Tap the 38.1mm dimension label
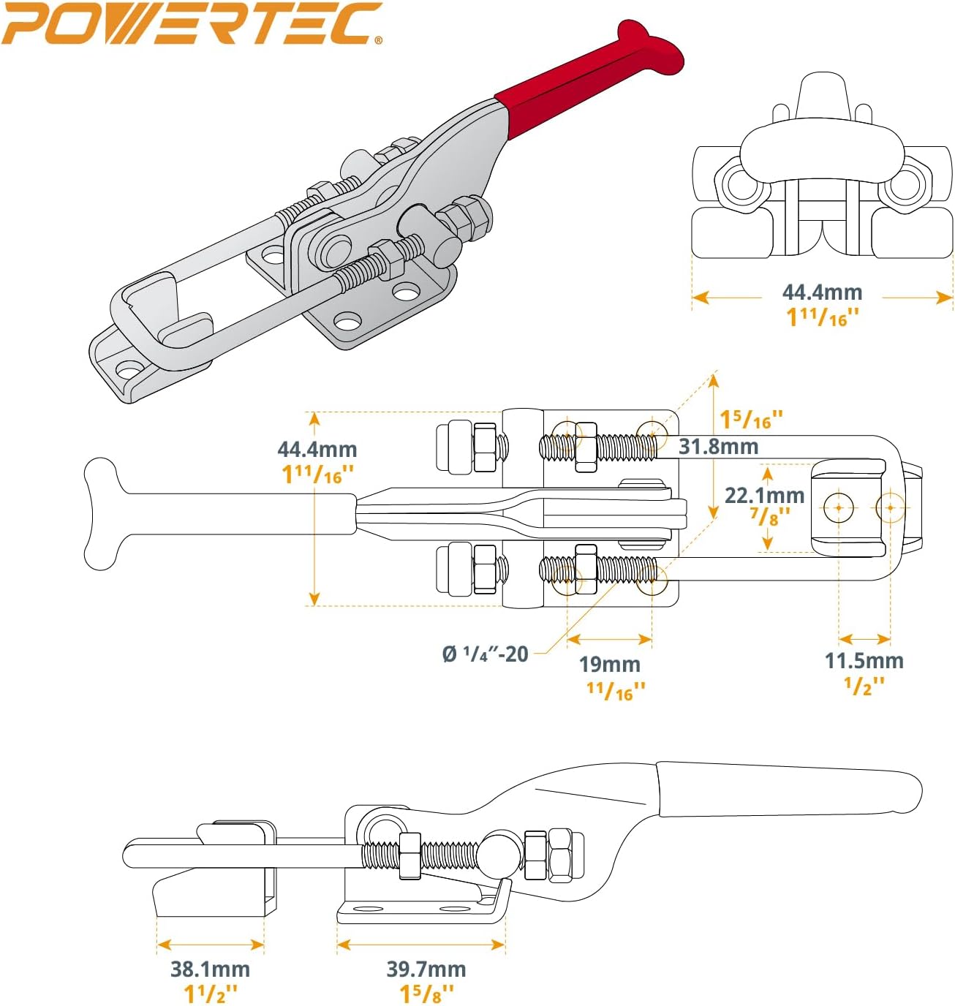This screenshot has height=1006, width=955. pos(210,969)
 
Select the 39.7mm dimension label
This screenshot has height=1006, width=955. pos(426,969)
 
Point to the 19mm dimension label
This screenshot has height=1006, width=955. pos(609,665)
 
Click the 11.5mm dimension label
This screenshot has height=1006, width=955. pos(864,661)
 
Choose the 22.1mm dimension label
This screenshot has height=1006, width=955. pos(764,495)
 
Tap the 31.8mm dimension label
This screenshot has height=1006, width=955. pos(718,446)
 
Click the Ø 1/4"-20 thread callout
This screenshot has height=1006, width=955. pos(485,654)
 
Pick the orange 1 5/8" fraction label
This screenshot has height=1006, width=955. pos(426,994)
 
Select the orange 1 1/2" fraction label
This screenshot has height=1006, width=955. pos(211,994)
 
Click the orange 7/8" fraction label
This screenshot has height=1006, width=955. pos(769,516)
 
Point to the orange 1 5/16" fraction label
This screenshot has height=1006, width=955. pos(751,420)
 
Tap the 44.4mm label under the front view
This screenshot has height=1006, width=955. pos(822,292)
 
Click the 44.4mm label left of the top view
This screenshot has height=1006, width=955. pos(317,449)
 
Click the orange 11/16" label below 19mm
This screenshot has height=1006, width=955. pos(616,690)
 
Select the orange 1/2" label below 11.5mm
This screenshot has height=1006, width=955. pos(864,685)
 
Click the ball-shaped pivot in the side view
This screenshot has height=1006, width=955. pos(502,852)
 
